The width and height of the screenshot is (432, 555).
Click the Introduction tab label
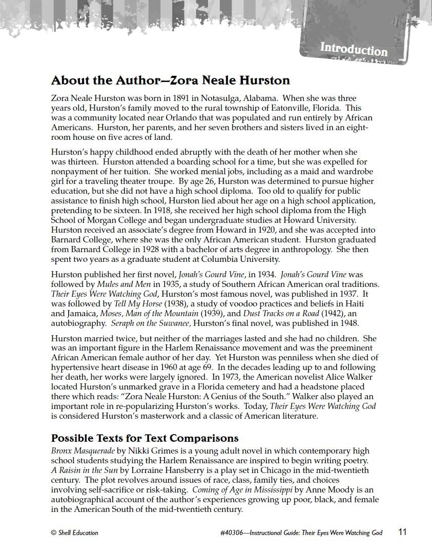(354, 49)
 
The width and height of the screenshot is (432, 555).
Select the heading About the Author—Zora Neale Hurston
(171, 80)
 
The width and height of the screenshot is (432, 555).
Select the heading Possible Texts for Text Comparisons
(145, 438)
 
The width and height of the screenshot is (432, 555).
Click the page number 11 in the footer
(402, 532)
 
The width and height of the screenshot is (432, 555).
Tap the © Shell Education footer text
(75, 533)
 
